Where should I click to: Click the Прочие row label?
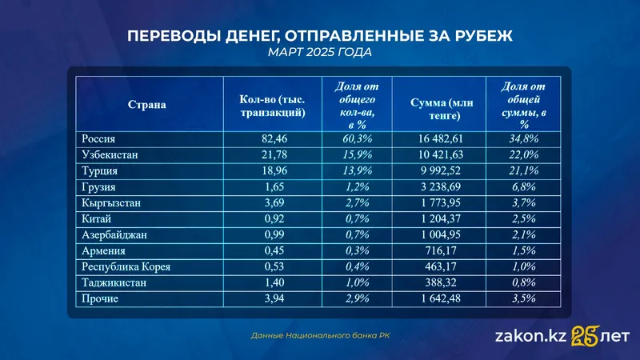tap(101, 298)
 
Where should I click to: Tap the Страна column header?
tap(147, 105)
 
